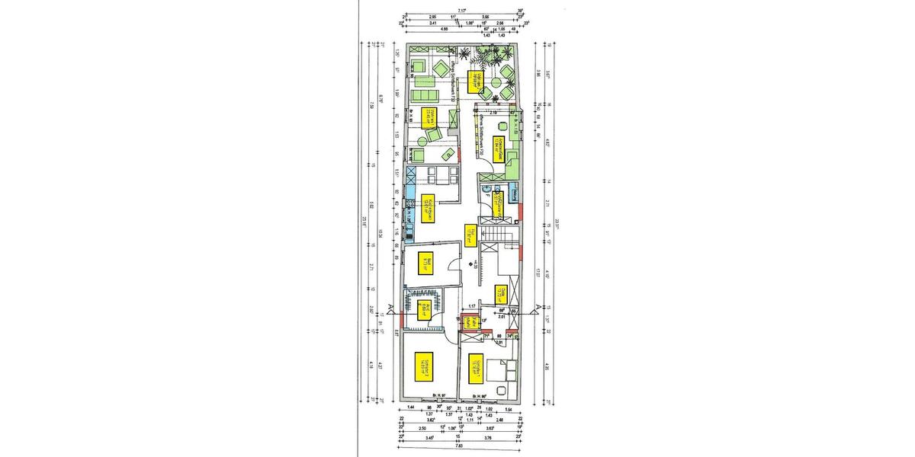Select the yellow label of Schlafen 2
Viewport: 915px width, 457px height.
click(x=424, y=365)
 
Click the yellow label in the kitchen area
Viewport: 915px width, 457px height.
click(x=428, y=206)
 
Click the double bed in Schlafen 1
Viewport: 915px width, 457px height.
click(x=506, y=369)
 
